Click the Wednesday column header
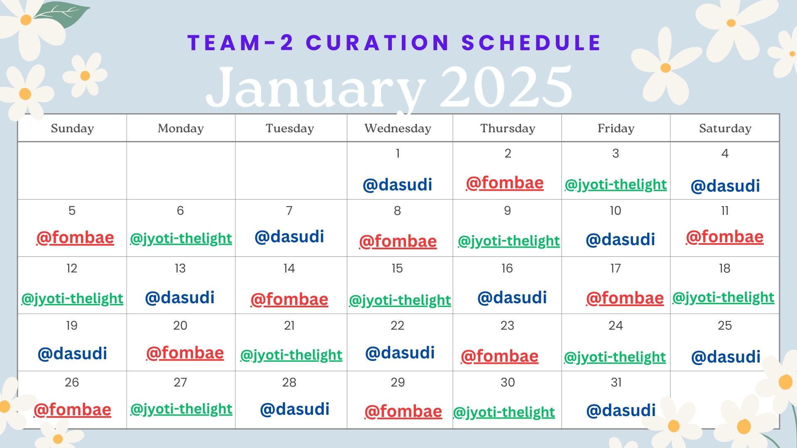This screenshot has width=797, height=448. [398, 129]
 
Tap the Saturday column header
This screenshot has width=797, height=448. [725, 129]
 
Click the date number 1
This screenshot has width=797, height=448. [398, 153]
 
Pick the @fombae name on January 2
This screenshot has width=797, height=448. [505, 183]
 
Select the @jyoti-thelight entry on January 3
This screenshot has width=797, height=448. [616, 184]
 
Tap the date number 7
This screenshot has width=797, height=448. [289, 211]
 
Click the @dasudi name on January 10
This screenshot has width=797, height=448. [620, 240]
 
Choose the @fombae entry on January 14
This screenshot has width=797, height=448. [289, 299]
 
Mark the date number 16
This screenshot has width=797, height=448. [507, 268]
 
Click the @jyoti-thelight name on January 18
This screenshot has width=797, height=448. [723, 297]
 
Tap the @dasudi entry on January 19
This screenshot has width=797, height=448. [72, 354]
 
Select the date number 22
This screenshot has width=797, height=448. [397, 326]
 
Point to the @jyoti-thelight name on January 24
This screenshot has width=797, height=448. [615, 357]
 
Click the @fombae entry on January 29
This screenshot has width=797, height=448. [403, 411]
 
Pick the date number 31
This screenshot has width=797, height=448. [616, 382]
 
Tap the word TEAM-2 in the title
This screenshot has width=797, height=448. [241, 42]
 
